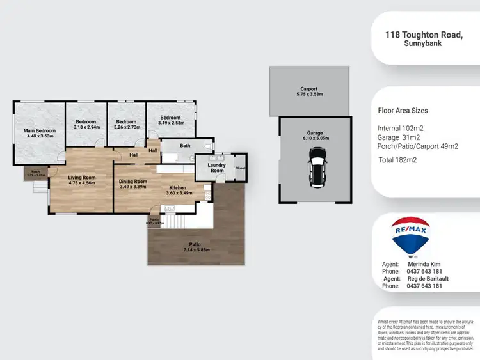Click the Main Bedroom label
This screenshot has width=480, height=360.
(40, 131)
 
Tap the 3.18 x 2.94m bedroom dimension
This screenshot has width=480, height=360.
(86, 127)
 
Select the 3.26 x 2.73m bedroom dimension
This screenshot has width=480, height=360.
(126, 127)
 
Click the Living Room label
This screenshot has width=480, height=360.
(82, 177)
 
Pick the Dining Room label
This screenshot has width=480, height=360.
(133, 181)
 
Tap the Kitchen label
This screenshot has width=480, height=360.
(178, 187)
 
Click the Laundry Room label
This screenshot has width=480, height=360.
(217, 168)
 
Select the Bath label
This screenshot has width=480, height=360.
(185, 146)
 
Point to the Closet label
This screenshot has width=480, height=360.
(240, 168)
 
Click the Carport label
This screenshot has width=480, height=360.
(309, 89)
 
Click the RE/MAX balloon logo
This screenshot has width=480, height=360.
(410, 236)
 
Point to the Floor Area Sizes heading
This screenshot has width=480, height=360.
(403, 111)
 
